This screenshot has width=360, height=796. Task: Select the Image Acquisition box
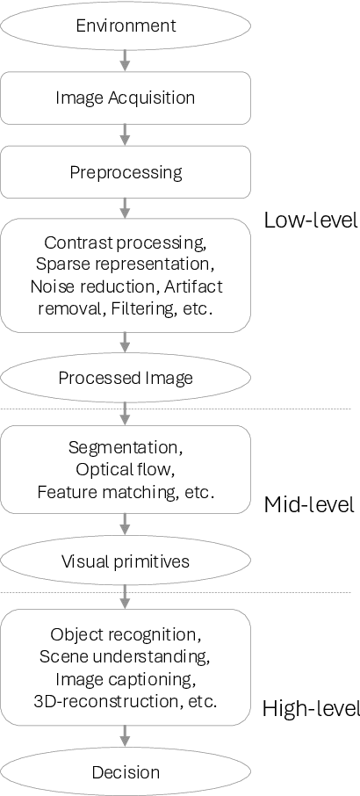(x=126, y=98)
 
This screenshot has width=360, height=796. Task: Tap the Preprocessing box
(x=126, y=171)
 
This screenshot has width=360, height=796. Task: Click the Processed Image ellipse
(x=126, y=378)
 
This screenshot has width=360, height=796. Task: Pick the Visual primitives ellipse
(x=126, y=561)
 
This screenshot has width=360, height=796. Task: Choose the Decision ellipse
(x=126, y=772)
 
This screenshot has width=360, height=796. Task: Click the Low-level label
(x=311, y=220)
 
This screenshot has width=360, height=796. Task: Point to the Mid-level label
(x=309, y=504)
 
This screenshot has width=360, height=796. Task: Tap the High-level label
(x=311, y=708)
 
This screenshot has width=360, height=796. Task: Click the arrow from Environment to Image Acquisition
(x=126, y=60)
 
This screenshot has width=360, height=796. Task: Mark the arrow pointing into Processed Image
(x=126, y=343)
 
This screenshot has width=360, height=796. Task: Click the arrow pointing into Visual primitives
(x=126, y=525)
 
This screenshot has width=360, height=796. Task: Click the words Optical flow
(x=126, y=469)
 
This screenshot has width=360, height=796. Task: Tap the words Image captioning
(x=126, y=679)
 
